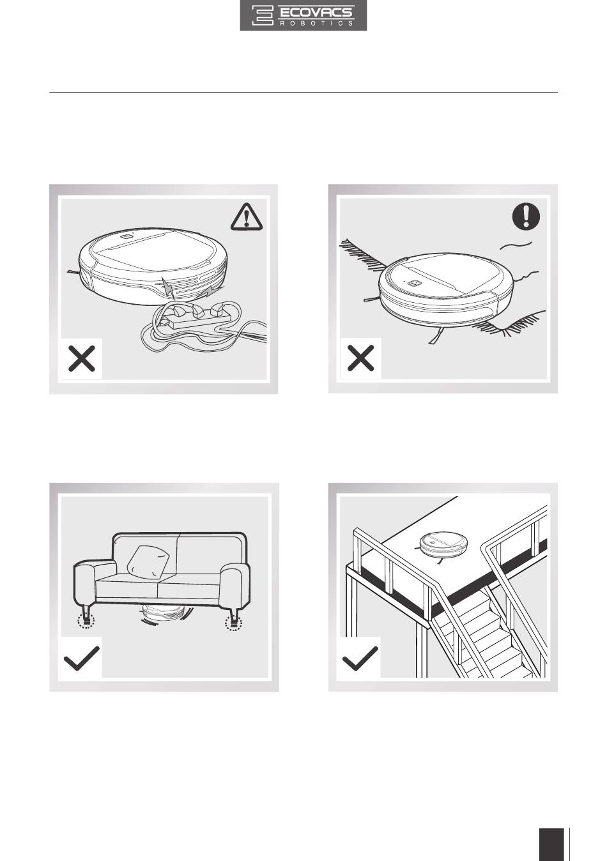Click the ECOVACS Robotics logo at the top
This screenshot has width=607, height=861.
click(303, 15)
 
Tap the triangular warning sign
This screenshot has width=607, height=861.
click(247, 217)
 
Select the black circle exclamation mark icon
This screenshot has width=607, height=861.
click(526, 216)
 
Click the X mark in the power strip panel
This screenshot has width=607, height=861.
click(82, 358)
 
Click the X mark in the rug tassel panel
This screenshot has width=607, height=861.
click(360, 358)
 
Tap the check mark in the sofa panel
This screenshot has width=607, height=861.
click(82, 658)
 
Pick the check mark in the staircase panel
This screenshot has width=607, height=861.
click(360, 658)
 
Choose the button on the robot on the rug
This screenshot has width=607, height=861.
click(415, 284)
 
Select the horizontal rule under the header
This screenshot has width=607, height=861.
click(303, 92)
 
